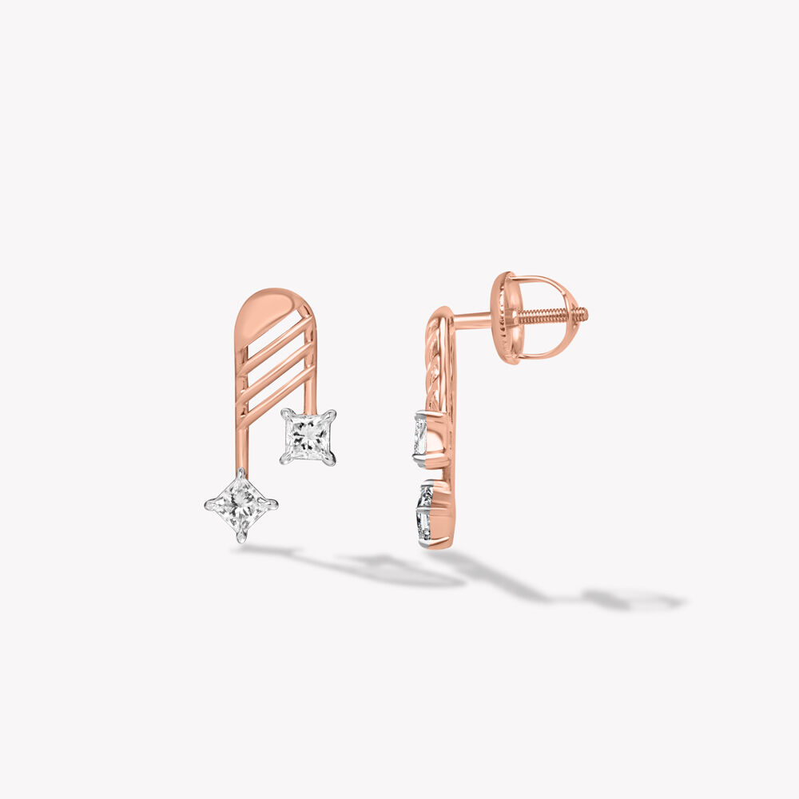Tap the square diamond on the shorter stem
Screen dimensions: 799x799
308,436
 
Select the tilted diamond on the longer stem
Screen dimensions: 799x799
240,505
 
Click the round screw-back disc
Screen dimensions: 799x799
503,317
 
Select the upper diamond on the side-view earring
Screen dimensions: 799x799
420,436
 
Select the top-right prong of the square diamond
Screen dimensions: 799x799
332,414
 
